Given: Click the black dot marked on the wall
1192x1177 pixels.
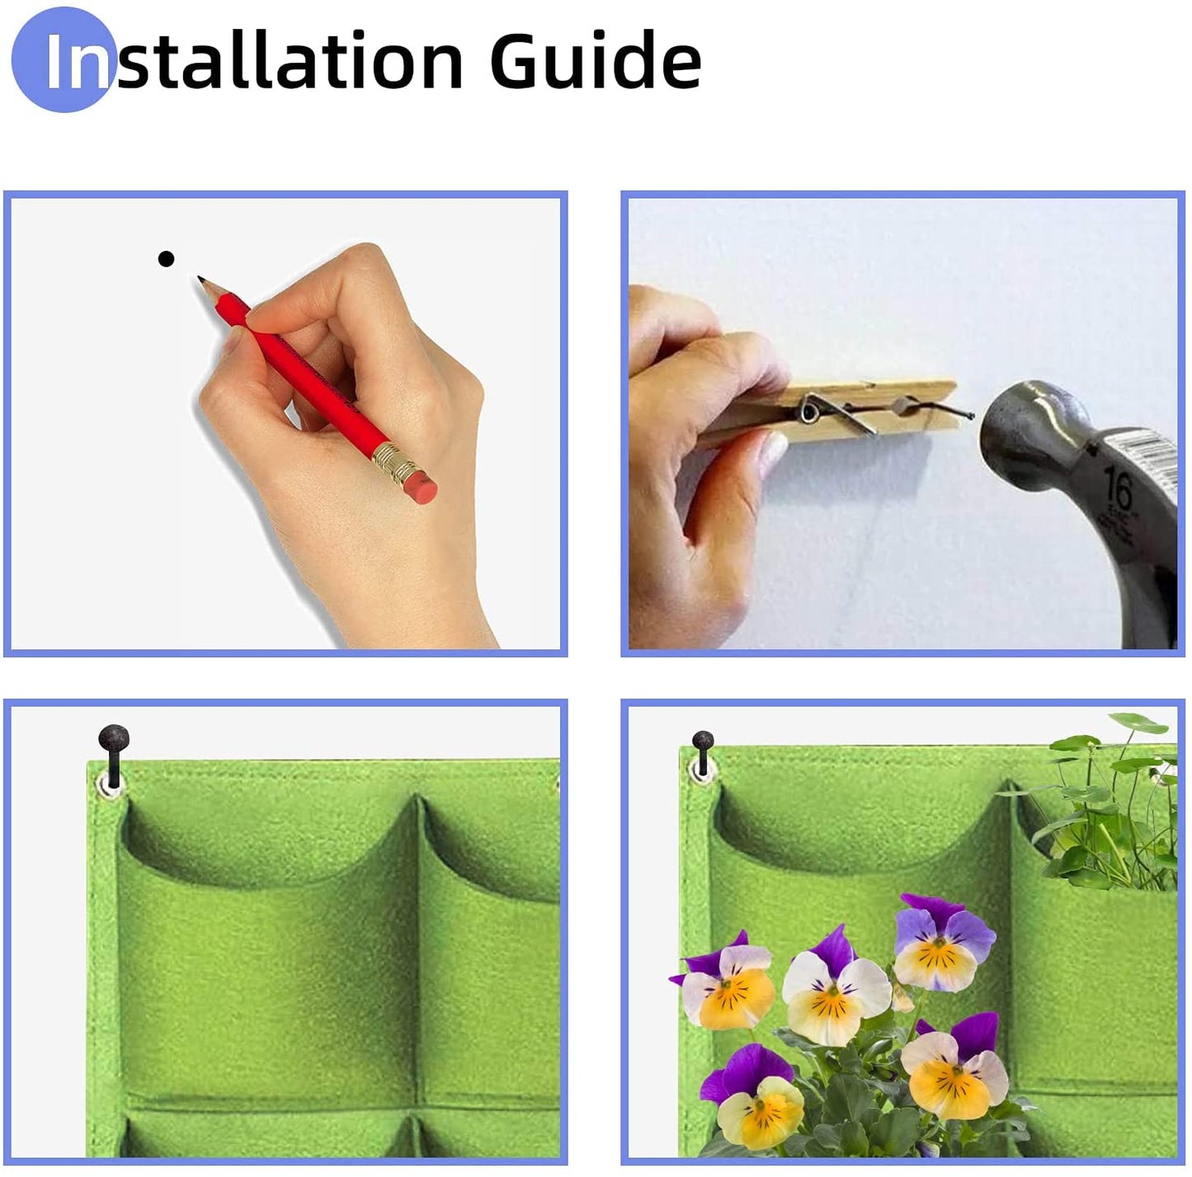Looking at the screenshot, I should (166, 259).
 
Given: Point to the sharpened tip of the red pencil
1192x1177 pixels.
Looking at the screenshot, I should (200, 280).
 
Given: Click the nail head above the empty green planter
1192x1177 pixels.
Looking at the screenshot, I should (113, 737).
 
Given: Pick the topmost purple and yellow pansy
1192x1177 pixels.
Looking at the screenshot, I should (942, 942).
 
